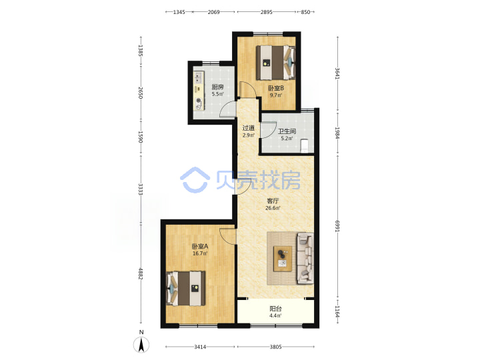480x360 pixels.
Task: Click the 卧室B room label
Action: coord(276,88)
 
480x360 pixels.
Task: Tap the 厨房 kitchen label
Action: coord(217,87)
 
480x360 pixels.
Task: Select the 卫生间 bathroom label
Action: coord(287,131)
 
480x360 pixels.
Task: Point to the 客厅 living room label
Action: coord(273,201)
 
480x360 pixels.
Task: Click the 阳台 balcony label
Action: coord(275,309)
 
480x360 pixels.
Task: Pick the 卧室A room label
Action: coord(200,246)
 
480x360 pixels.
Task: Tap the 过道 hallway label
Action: coord(248,128)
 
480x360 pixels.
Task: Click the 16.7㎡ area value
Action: coord(200,253)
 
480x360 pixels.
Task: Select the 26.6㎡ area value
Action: coord(273,208)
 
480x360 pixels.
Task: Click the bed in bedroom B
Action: coord(275,63)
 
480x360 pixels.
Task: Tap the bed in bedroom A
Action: coord(185,288)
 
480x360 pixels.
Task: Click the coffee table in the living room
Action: coord(282,259)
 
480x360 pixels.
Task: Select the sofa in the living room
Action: coord(305,259)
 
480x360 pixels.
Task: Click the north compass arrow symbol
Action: coord(141,345)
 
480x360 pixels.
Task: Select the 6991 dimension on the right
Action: coord(337,226)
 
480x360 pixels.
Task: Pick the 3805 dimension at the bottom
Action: coord(275,347)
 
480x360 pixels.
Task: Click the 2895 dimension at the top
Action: coord(266,12)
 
